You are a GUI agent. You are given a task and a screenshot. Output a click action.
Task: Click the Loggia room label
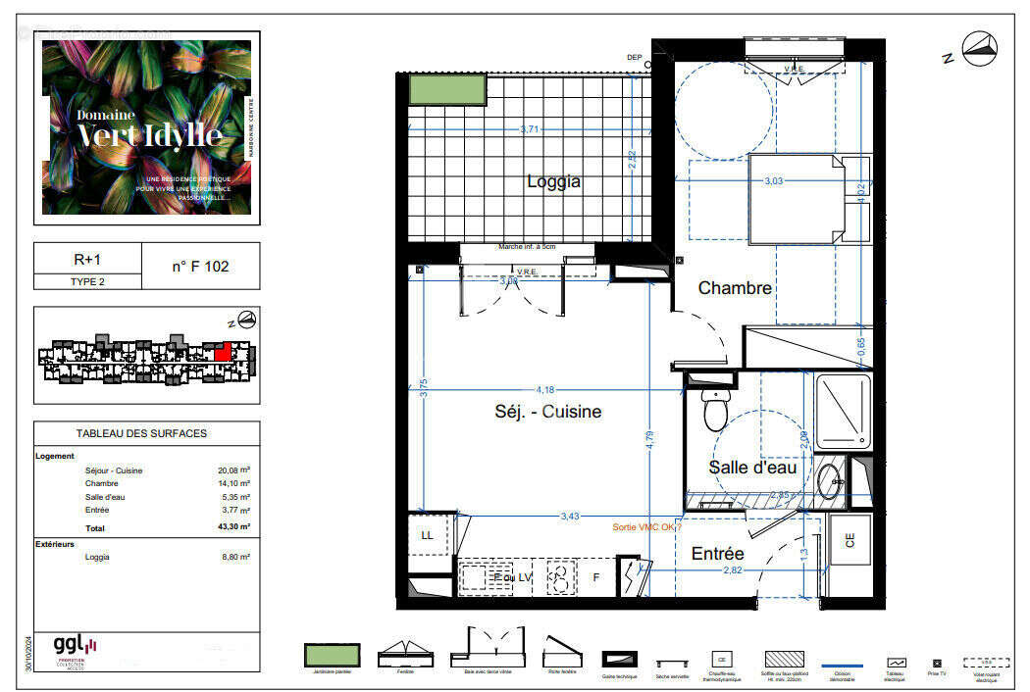tap(553, 181)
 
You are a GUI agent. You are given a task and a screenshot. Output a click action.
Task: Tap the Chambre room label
tap(735, 288)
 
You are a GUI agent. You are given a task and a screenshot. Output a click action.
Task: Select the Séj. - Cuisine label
tap(547, 412)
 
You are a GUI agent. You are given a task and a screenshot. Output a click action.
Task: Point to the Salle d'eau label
tap(753, 468)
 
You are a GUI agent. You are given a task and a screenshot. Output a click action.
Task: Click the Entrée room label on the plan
tap(717, 554)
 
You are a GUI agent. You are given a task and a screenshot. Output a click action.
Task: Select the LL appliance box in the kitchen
tap(428, 536)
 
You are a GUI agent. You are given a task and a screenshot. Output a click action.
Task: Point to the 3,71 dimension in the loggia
tap(530, 129)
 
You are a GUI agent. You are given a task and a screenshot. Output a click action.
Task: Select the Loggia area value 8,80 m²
tap(233, 557)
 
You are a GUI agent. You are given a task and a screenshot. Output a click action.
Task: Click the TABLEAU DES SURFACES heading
tap(141, 433)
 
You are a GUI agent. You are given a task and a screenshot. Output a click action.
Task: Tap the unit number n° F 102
tap(200, 266)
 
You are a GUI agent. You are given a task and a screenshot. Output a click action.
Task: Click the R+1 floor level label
tap(88, 260)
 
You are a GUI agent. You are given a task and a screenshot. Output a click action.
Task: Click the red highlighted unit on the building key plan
tap(224, 350)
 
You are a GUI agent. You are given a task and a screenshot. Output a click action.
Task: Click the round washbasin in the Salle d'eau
tap(829, 479)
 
